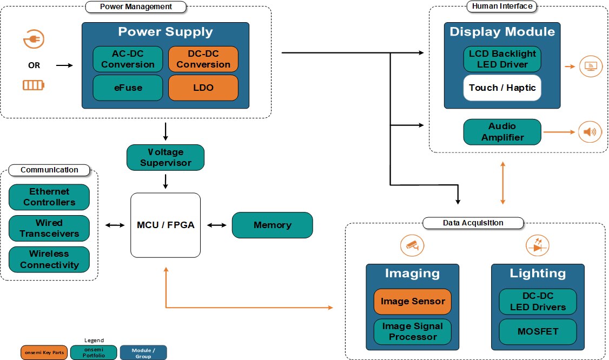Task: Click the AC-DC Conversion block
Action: point(128,58)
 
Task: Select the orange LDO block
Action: point(203,88)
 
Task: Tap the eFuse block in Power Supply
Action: point(128,88)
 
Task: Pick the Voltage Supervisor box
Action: point(166,157)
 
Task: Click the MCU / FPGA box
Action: point(166,225)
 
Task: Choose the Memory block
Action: point(273,225)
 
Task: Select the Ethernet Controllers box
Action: point(49,197)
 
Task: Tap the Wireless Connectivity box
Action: point(49,259)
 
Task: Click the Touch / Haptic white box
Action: point(502,88)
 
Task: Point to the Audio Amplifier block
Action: point(502,132)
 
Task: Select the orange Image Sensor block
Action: point(413,302)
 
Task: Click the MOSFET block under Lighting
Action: point(538,331)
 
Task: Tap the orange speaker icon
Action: point(590,132)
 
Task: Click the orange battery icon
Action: point(34,85)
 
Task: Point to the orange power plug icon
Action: point(34,39)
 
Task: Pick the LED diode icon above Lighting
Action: point(537,245)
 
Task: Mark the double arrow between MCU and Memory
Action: point(216,225)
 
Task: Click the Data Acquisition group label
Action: point(473,223)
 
